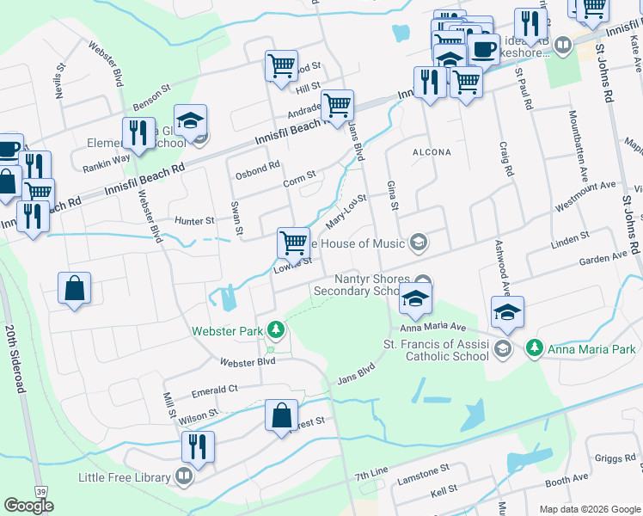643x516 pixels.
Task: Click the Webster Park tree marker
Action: click(275, 329)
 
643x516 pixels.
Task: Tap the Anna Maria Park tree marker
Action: click(535, 348)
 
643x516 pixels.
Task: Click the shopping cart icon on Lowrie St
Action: click(293, 243)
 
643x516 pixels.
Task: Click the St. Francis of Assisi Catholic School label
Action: click(436, 348)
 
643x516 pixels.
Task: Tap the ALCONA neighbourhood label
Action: click(432, 152)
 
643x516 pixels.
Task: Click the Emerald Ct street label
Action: click(216, 389)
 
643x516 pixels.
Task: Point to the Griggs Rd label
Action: click(616, 459)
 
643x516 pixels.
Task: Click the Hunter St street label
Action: click(194, 221)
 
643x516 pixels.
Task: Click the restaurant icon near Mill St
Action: click(198, 447)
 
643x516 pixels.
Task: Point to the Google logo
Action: click(28, 505)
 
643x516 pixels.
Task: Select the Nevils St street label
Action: click(60, 80)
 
